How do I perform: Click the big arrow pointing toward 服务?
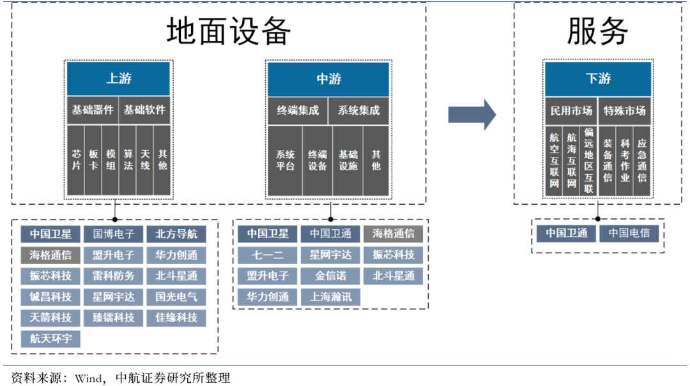click(471, 114)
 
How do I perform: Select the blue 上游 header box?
click(119, 79)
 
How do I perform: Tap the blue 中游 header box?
click(328, 79)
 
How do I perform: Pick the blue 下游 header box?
click(598, 79)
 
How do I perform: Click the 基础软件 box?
click(144, 110)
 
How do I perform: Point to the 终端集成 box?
click(298, 110)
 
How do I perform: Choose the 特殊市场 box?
click(625, 110)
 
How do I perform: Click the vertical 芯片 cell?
click(76, 160)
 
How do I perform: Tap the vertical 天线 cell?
click(145, 160)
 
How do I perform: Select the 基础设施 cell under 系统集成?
click(348, 160)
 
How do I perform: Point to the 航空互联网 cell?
click(555, 162)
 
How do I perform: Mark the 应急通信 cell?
click(642, 162)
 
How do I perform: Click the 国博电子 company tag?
click(114, 234)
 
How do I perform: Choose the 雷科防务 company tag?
click(114, 276)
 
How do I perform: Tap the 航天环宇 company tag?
click(51, 339)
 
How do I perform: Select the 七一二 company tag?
click(268, 255)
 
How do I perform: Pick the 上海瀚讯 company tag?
click(330, 297)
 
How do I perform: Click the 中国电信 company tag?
click(629, 233)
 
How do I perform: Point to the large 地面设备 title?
click(229, 31)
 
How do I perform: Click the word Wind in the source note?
click(88, 377)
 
